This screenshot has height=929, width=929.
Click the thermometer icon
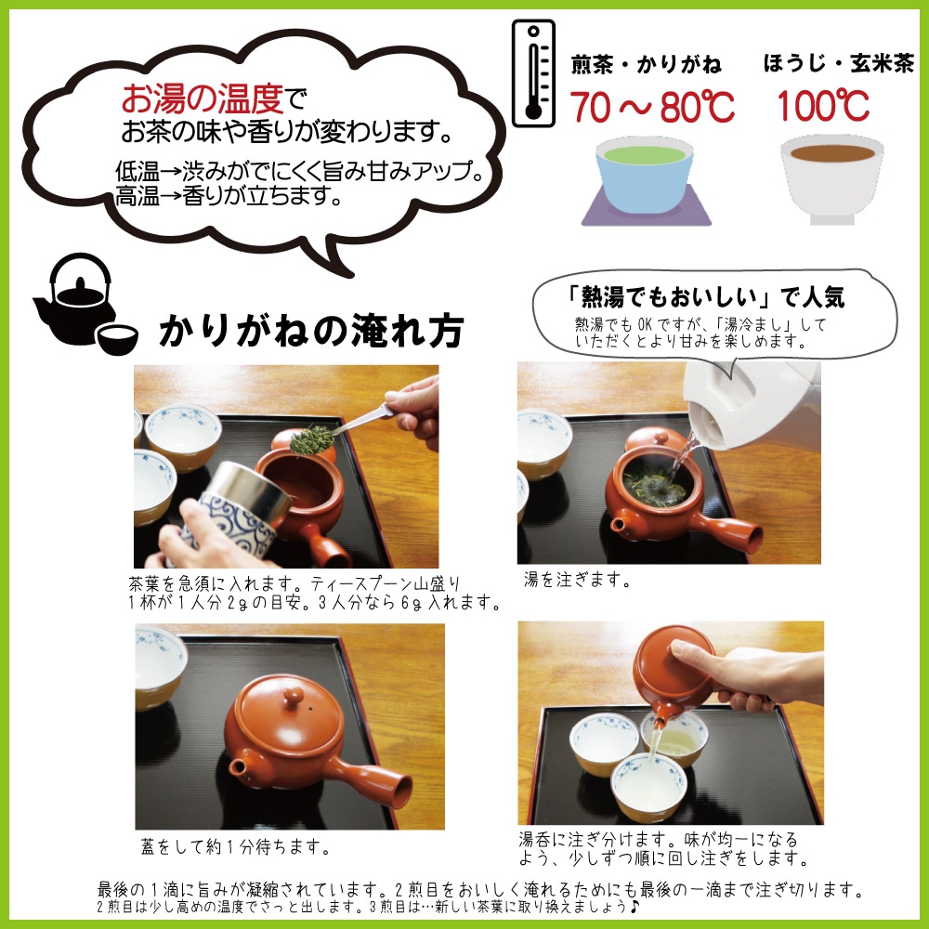(533, 72)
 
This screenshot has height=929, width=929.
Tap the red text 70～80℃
(652, 107)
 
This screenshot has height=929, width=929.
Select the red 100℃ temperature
(823, 106)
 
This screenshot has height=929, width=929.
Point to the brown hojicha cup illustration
(831, 179)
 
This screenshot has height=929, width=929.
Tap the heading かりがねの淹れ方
(311, 331)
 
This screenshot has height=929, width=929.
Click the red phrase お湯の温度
(203, 98)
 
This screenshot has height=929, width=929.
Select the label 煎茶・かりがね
(647, 65)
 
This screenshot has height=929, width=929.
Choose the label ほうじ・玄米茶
(838, 63)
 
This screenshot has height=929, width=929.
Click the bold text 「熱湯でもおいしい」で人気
(705, 297)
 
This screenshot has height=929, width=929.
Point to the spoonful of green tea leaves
(312, 439)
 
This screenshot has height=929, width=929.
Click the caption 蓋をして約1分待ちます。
(236, 846)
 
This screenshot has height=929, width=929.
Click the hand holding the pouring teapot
(748, 675)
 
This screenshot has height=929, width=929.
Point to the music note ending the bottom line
(634, 906)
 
